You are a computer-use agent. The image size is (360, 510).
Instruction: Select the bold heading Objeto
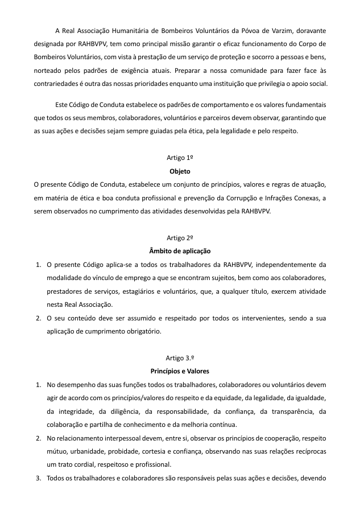(x=180, y=171)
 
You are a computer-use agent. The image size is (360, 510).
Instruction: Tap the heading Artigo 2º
(x=180, y=237)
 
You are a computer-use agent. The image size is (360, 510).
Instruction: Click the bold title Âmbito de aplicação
(x=180, y=250)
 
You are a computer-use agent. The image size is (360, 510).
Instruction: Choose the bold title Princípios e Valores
(x=180, y=371)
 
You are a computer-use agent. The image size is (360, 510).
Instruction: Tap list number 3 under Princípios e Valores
(x=38, y=478)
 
